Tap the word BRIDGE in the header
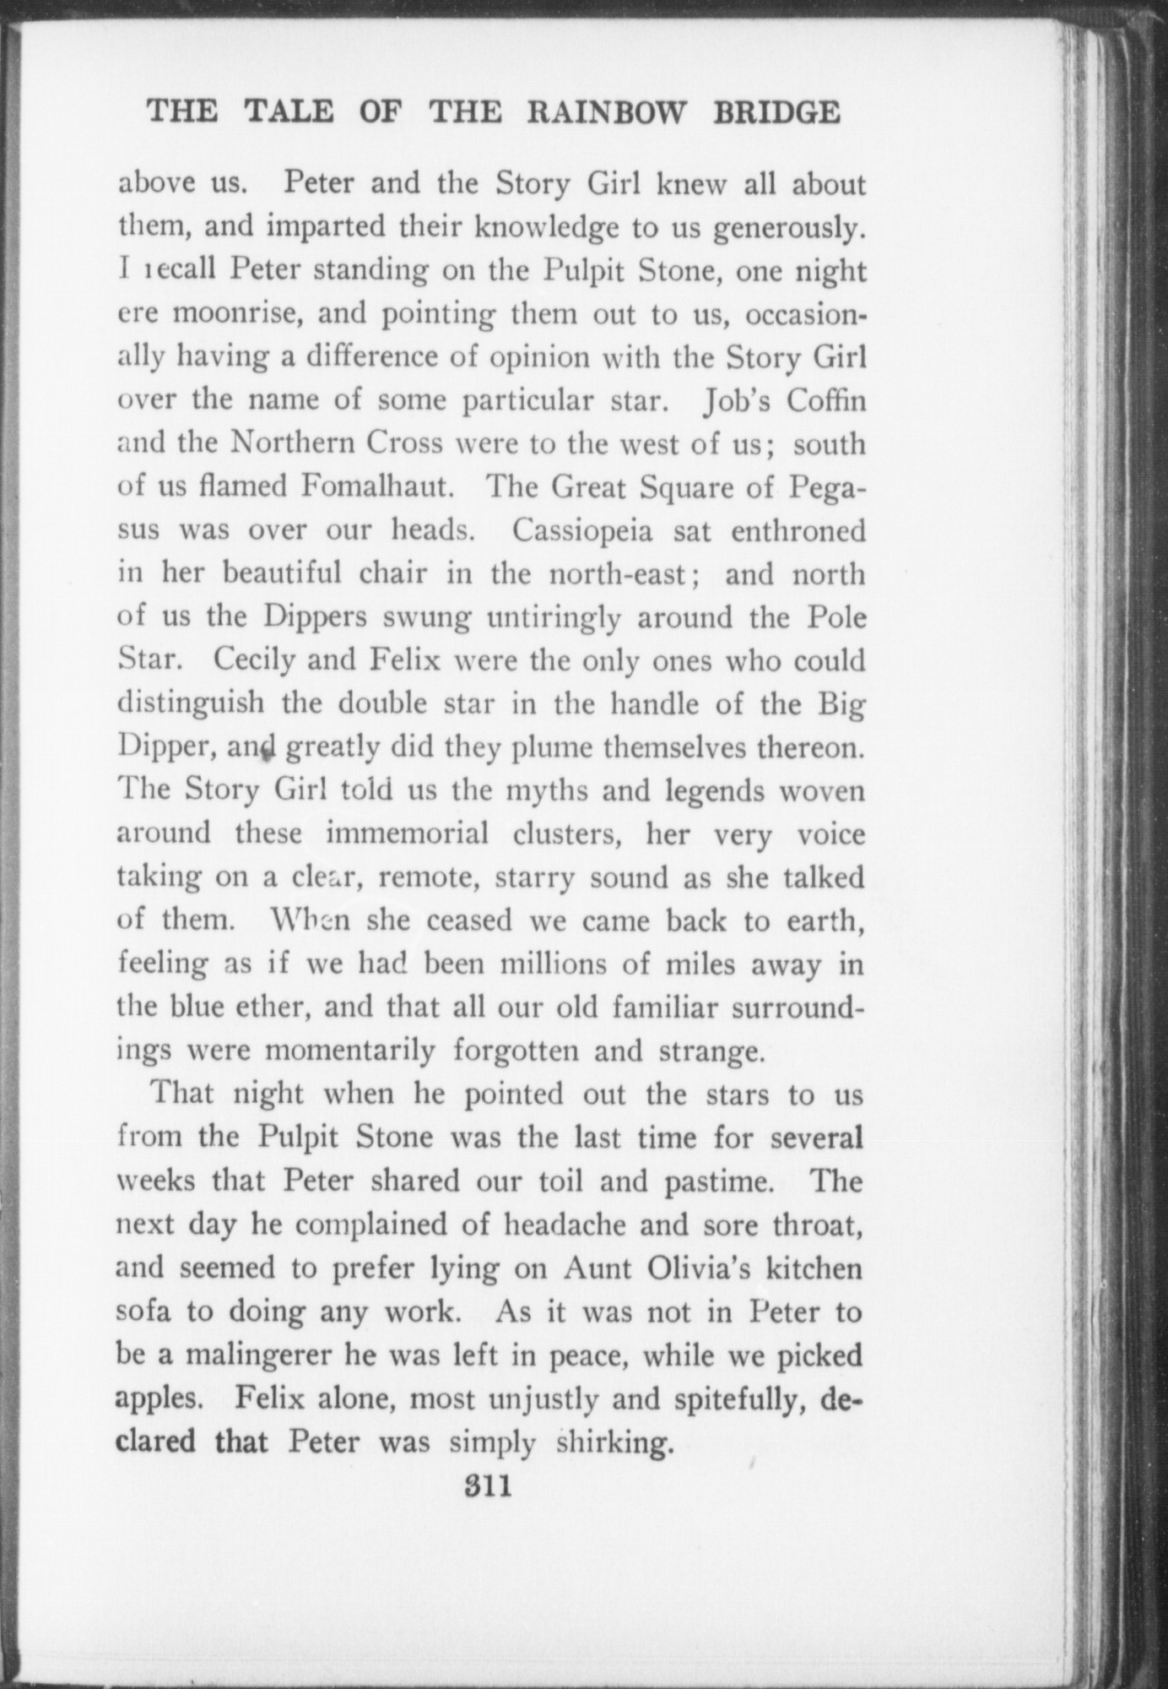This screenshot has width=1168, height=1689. [x=776, y=113]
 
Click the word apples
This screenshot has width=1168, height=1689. [x=159, y=1400]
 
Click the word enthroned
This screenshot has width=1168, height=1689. [x=798, y=530]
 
